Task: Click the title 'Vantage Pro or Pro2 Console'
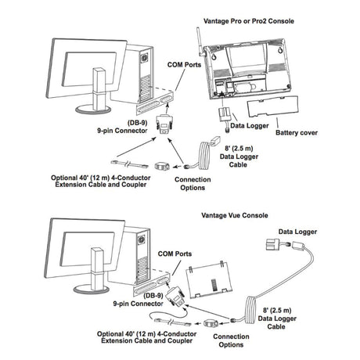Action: point(249,21)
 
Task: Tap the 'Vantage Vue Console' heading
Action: point(235,215)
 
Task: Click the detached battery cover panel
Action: point(272,106)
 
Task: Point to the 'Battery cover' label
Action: point(297,132)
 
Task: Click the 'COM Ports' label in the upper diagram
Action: point(184,65)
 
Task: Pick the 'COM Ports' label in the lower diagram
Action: point(175,254)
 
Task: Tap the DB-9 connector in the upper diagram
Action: point(164,124)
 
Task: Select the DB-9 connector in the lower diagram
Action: point(175,295)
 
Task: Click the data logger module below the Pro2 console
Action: point(225,114)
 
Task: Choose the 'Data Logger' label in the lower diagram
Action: point(297,232)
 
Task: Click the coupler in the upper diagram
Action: point(162,166)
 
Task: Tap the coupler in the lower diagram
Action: point(211,323)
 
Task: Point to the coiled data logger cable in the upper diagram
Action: point(204,156)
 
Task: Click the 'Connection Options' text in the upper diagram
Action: point(193,184)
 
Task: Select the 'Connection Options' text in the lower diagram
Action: point(231,340)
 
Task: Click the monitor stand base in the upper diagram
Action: point(93,109)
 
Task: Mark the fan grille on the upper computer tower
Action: point(145,57)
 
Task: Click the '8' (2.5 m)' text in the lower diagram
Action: point(277,310)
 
